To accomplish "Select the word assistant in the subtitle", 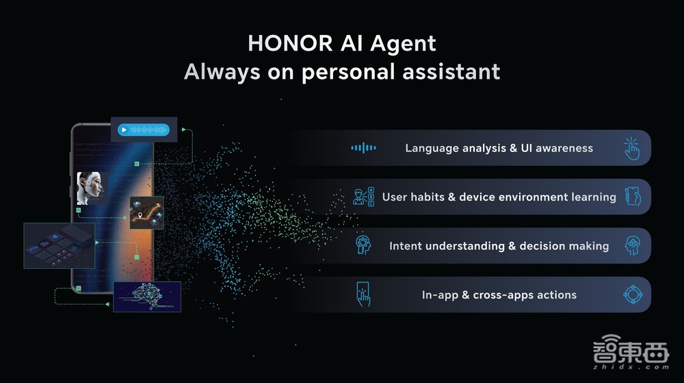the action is click(451, 72).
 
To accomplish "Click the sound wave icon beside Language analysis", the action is click(363, 148).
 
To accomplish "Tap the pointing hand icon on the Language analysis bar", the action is click(631, 149).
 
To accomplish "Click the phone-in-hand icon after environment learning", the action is click(633, 197).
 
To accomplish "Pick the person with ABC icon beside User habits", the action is click(363, 197).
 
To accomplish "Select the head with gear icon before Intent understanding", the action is click(363, 245).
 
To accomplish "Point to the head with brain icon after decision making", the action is click(633, 245).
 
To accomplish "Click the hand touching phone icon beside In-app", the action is click(363, 295).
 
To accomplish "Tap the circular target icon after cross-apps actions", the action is click(633, 295).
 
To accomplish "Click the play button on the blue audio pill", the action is click(124, 129).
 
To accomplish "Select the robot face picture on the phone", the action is click(90, 188).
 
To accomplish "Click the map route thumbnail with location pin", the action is click(146, 212).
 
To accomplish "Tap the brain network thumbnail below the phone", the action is click(147, 297).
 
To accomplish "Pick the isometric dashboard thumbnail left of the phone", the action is click(60, 245).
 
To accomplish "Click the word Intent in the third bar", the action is click(405, 246).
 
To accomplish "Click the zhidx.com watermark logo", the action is click(631, 352).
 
